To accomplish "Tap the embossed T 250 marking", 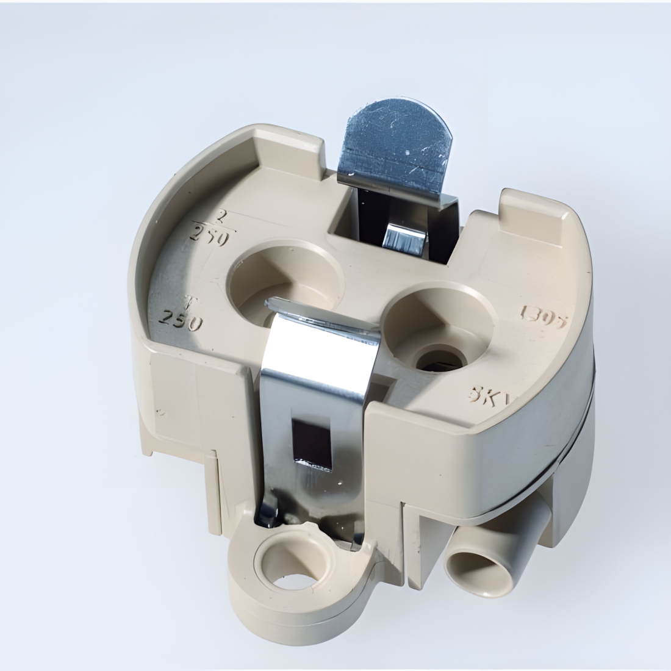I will pos(180,315).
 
